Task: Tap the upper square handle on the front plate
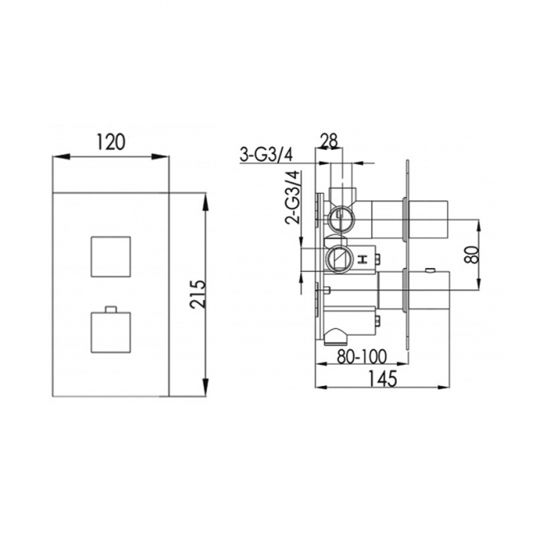point(110,256)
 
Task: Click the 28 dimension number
point(328,141)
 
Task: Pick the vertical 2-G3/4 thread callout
point(290,197)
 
